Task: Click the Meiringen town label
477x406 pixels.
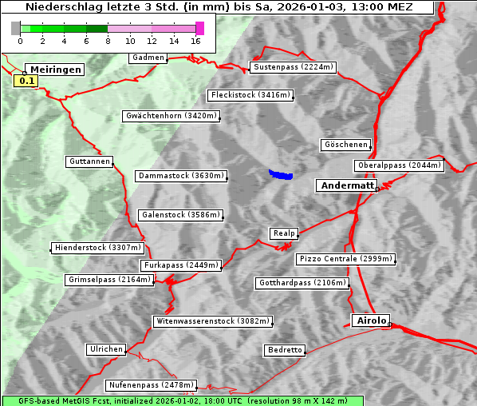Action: (x=54, y=70)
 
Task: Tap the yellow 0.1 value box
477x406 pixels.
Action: (x=26, y=81)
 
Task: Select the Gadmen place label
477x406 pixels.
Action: (x=148, y=58)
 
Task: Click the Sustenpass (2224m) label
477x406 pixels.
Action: (x=294, y=67)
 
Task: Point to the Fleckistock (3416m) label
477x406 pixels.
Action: (x=250, y=95)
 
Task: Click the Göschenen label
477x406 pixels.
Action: (x=346, y=145)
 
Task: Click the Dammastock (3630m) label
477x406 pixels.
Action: (x=182, y=175)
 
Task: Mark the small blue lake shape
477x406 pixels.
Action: (x=281, y=174)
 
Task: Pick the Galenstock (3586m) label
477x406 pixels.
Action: (x=180, y=214)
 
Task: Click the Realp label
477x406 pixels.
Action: (x=284, y=233)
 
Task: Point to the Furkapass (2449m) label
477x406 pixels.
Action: (x=179, y=265)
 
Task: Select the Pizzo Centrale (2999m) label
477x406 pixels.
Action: (x=345, y=259)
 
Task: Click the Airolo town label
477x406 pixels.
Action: (x=371, y=320)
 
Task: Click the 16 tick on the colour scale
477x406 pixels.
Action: (x=195, y=40)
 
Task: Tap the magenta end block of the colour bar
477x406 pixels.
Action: (x=199, y=28)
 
